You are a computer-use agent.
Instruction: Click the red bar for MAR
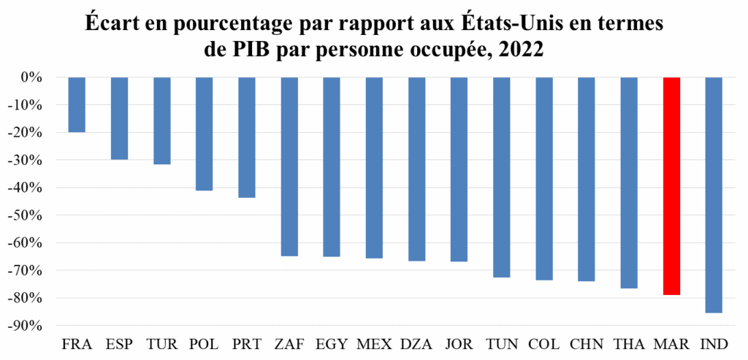671,186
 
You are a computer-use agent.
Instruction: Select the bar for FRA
77,104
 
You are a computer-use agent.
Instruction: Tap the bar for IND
714,195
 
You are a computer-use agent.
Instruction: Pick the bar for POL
204,134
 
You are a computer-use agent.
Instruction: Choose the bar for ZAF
289,166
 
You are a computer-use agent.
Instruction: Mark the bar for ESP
119,118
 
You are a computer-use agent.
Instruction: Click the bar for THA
629,183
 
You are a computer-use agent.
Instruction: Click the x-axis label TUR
161,343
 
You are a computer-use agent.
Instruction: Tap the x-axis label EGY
331,343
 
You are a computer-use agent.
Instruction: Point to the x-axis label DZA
416,343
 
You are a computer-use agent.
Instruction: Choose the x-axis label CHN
587,343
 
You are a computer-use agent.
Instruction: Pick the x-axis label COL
544,343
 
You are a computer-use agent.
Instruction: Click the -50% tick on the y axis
33,215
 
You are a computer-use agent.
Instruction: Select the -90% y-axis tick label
33,326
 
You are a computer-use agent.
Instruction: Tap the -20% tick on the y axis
33,133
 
